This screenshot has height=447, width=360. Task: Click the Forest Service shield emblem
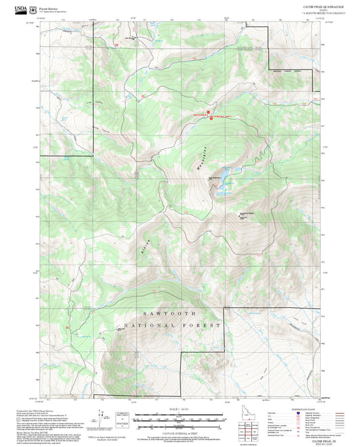pyautogui.click(x=35, y=9)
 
